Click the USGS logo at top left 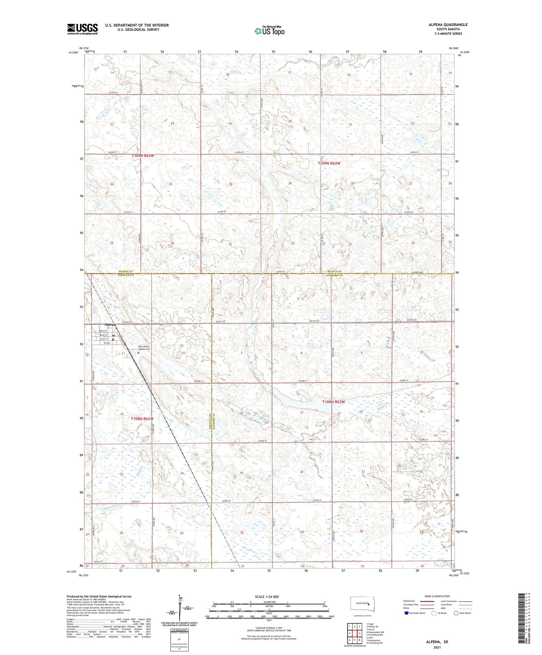click(82, 29)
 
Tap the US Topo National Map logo click(269, 31)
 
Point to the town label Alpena click(110, 324)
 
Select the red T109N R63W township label click(143, 156)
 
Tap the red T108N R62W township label click(334, 402)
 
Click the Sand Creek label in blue click(111, 508)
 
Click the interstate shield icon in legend click(406, 613)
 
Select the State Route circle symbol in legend click(456, 613)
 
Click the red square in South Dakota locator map click(368, 605)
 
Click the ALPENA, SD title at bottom click(436, 642)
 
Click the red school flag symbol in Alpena click(113, 339)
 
